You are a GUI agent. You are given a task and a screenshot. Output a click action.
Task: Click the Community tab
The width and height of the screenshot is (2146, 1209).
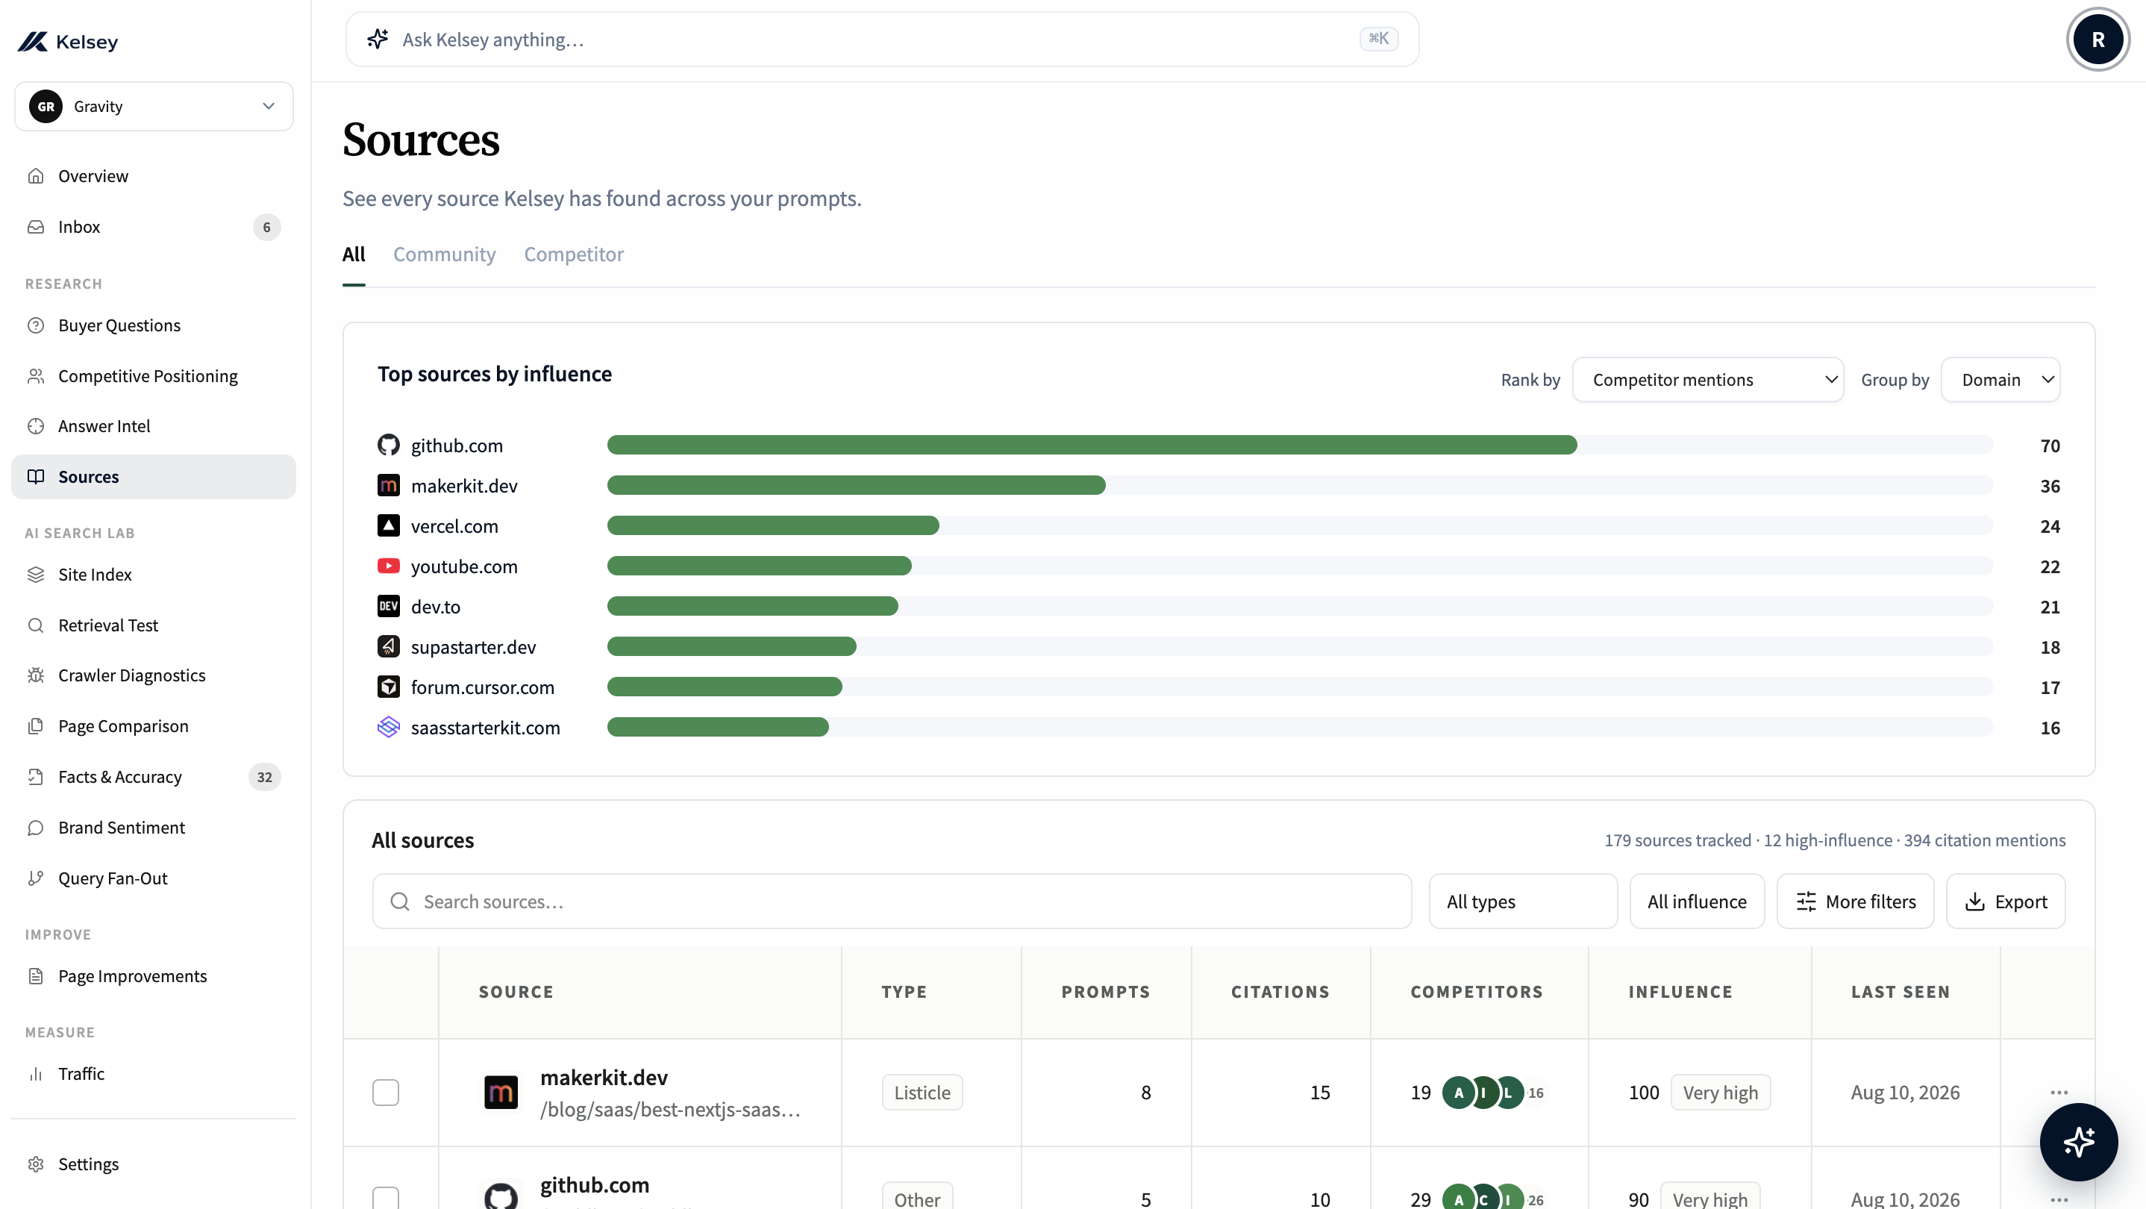444,254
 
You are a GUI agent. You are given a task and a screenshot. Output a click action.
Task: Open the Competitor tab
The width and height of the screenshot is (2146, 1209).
573,254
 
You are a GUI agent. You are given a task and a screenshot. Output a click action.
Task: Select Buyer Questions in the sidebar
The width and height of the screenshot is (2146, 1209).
119,325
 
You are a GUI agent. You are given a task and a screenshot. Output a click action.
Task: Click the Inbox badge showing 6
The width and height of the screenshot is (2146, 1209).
266,227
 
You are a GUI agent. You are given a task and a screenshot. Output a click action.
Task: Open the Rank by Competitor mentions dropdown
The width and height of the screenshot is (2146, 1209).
1707,380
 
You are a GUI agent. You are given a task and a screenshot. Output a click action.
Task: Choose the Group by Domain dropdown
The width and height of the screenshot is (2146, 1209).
2000,380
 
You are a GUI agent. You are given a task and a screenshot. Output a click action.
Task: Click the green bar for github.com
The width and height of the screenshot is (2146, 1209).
1092,445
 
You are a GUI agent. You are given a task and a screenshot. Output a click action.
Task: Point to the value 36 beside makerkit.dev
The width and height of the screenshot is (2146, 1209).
2049,486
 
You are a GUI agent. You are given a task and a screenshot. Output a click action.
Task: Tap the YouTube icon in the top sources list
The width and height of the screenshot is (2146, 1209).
388,566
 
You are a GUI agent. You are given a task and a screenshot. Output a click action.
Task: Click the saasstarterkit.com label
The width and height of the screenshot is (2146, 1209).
485,728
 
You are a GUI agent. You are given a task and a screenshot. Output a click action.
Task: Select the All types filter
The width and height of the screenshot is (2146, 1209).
1523,901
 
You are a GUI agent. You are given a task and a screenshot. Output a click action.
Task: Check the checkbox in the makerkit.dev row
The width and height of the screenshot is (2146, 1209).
386,1093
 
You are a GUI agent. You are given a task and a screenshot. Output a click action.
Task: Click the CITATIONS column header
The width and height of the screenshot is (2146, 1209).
1280,992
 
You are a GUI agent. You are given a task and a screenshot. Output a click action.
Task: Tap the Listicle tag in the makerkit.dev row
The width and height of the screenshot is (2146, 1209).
922,1093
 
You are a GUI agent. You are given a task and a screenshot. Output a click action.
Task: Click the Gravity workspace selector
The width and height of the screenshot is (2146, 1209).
154,106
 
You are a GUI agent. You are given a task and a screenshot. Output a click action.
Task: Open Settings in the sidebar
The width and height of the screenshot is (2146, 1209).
87,1164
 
